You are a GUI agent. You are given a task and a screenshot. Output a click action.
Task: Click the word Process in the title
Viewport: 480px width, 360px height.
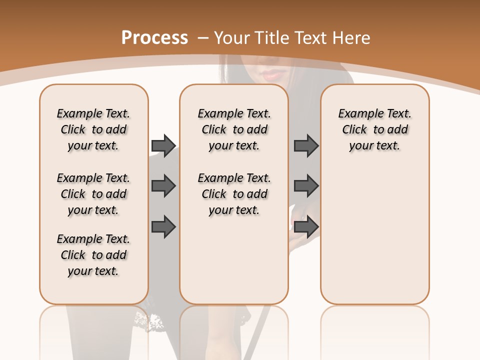tap(154, 38)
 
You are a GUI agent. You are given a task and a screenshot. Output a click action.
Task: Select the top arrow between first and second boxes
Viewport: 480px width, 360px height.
tap(163, 145)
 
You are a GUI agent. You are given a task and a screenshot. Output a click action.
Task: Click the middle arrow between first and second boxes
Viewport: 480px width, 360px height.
tap(163, 186)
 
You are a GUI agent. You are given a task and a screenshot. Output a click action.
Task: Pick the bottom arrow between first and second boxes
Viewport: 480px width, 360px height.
tap(163, 226)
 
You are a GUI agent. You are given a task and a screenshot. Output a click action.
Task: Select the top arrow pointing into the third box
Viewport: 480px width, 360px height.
tap(306, 145)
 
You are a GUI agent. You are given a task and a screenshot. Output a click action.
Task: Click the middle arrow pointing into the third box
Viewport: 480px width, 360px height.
tap(306, 186)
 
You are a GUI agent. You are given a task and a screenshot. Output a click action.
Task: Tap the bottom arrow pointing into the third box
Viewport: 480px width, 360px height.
tap(306, 226)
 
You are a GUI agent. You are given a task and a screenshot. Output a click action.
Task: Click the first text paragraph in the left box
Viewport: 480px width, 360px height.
tap(93, 129)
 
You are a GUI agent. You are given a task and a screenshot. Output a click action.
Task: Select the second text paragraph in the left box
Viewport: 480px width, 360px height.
tap(93, 194)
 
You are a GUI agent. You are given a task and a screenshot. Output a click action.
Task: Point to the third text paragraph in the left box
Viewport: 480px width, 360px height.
tap(93, 255)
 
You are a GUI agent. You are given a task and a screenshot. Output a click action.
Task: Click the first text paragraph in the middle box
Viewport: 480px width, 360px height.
tap(234, 129)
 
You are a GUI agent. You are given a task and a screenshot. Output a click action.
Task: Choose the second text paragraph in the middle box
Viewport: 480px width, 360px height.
tap(234, 194)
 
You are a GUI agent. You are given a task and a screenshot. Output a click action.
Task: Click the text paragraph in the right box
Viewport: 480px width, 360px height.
tap(374, 129)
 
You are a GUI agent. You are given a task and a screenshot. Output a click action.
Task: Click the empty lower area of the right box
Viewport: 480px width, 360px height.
tap(374, 240)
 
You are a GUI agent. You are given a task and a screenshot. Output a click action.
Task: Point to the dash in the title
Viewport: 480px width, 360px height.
tap(203, 38)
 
